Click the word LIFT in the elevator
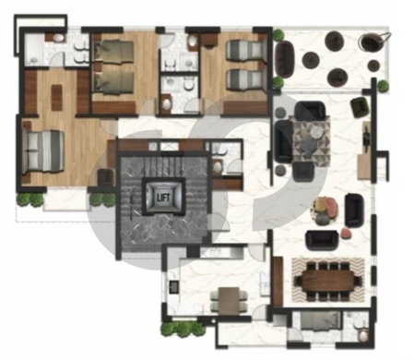tap(163, 198)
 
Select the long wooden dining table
tap(328, 280)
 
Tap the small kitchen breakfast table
tap(229, 301)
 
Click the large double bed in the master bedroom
tap(43, 151)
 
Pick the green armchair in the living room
tap(360, 106)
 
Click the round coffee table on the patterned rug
tap(316, 133)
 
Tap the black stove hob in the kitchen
tap(173, 286)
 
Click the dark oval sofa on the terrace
tap(285, 59)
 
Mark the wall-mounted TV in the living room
tap(366, 136)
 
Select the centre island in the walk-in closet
tap(56, 97)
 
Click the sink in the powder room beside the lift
tap(218, 167)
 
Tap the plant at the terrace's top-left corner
tap(278, 34)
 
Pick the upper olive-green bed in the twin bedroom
tap(113, 52)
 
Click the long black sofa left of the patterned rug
tap(283, 141)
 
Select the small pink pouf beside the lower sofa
tap(346, 234)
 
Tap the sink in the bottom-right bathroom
tap(363, 336)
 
